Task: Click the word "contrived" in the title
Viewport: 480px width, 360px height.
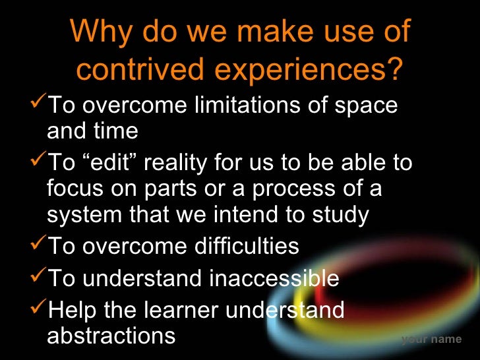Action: [x=135, y=69]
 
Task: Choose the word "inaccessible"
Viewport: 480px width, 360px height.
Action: [x=274, y=278]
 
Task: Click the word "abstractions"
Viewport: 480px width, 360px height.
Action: [x=111, y=335]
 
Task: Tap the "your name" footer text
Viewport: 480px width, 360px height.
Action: [x=431, y=340]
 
